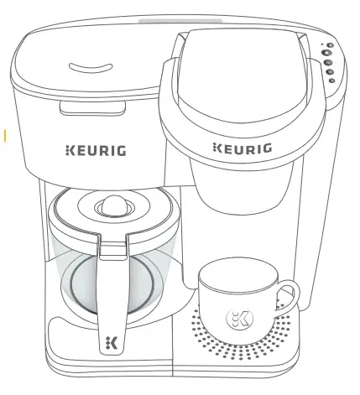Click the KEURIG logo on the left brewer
click(96, 152)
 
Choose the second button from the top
click(328, 53)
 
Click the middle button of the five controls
click(330, 62)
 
